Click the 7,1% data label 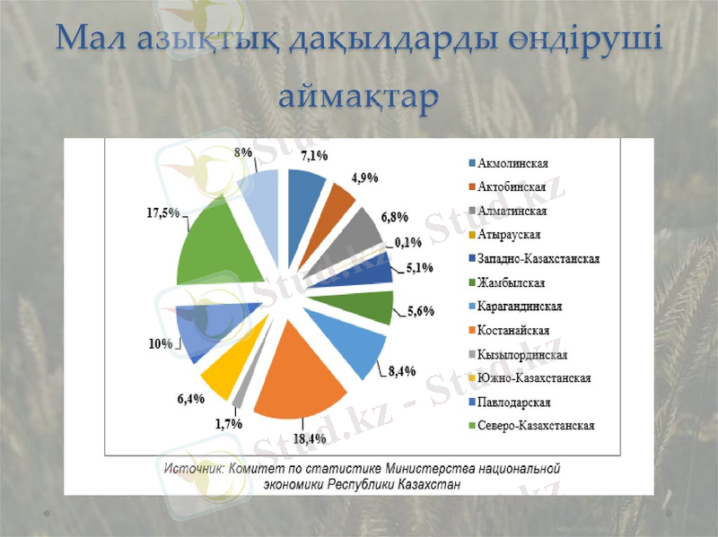tap(313, 155)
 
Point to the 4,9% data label tap(363, 178)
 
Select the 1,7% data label tap(228, 423)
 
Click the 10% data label tap(161, 343)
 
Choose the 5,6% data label tap(421, 311)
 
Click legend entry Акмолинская tap(513, 164)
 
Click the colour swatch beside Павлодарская tap(471, 402)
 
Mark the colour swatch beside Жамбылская tap(471, 283)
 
